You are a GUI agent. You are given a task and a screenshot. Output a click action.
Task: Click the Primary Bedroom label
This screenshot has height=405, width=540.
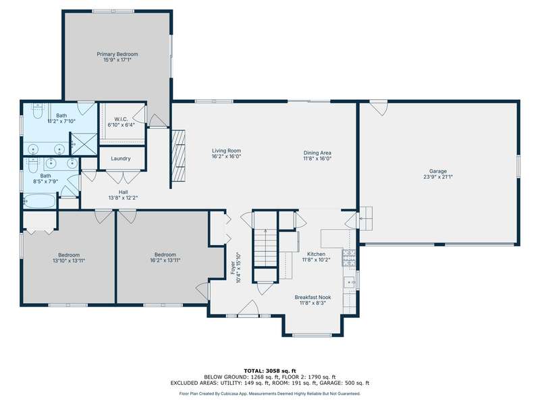tap(117, 54)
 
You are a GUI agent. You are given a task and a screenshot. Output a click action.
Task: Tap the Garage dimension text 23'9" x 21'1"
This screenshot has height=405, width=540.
tap(438, 177)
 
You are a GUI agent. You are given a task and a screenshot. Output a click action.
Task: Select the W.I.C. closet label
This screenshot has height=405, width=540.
tap(122, 119)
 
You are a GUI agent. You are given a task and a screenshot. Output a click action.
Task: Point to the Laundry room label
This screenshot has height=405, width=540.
tap(121, 159)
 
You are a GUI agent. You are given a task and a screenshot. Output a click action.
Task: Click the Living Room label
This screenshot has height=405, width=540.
tap(226, 151)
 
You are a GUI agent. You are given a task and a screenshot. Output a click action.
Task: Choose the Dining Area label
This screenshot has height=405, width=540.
tap(317, 153)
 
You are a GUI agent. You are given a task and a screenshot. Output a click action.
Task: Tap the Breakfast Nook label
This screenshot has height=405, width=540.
tap(313, 297)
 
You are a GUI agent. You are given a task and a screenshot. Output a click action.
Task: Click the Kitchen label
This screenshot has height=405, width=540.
tap(316, 254)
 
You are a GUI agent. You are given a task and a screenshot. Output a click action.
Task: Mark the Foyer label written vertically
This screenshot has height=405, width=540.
tap(233, 268)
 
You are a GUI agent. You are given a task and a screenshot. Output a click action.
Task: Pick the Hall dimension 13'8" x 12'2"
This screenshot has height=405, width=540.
tap(124, 198)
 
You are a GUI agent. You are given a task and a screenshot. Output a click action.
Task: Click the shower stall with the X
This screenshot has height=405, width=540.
tap(84, 144)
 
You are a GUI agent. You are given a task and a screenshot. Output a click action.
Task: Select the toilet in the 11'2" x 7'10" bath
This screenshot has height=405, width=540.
tap(37, 111)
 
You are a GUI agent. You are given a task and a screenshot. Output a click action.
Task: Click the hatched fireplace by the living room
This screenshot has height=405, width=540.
tap(178, 155)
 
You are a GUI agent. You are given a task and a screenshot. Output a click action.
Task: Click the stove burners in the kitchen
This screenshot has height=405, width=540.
tap(348, 259)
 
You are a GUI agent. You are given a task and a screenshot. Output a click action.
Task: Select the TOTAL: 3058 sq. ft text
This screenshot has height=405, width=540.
tap(269, 371)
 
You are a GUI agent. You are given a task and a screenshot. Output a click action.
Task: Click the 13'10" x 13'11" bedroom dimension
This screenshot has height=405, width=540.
tap(69, 261)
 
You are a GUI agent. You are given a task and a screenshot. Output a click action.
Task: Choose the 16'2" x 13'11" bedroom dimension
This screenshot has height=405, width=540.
tap(165, 261)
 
